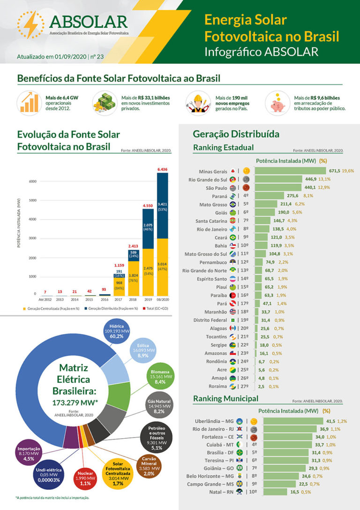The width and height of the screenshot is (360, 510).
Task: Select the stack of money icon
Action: [x=104, y=101]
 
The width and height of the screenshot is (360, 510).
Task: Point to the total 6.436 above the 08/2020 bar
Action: [x=162, y=169]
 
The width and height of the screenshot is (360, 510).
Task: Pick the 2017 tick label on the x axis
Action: [x=119, y=299]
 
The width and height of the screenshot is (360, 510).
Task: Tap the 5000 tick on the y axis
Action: [x=32, y=200]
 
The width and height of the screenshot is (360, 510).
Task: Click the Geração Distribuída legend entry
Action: [x=112, y=308]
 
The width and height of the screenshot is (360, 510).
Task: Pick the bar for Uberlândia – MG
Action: [x=293, y=421]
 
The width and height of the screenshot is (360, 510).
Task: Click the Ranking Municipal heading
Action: [x=225, y=399]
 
